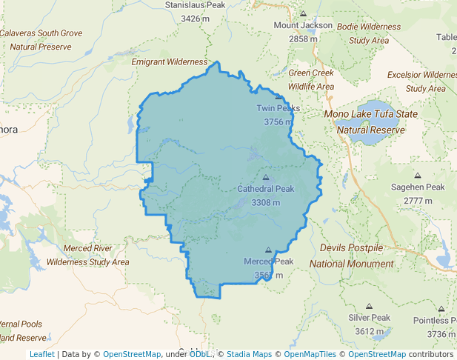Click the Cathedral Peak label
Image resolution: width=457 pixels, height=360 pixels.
click(265, 189)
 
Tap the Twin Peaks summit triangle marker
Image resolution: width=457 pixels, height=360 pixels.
click(278, 97)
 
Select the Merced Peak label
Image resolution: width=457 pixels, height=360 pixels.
click(268, 261)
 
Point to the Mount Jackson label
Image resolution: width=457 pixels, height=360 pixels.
click(303, 25)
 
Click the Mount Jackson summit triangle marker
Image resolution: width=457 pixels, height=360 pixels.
click(303, 14)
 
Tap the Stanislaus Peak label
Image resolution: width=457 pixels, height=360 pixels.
click(195, 4)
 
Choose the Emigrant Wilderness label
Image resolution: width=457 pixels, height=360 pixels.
click(170, 62)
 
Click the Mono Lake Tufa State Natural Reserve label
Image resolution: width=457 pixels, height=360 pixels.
click(370, 122)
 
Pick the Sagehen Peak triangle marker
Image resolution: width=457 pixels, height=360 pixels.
click(418, 176)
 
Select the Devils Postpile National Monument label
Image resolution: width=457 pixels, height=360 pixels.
click(351, 255)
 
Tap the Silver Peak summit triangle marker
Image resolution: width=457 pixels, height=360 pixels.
click(369, 307)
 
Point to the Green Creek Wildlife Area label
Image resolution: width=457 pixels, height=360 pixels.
click(311, 79)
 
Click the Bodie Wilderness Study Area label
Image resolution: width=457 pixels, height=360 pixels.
click(369, 33)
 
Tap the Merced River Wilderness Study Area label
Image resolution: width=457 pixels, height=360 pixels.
click(87, 254)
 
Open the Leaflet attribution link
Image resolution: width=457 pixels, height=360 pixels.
click(41, 354)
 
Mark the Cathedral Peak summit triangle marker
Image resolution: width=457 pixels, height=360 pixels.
click(266, 178)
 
